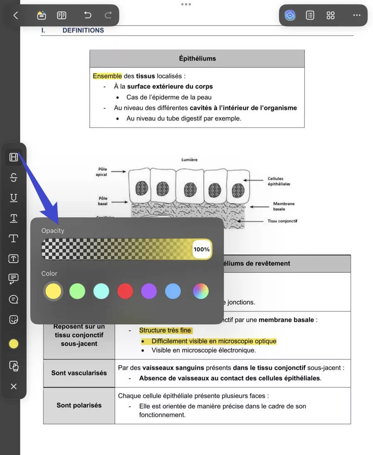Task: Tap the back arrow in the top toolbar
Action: click(16, 15)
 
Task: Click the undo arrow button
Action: click(87, 15)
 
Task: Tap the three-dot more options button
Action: click(356, 15)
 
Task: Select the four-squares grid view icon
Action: click(330, 15)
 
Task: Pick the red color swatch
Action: click(125, 291)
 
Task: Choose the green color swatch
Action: click(77, 291)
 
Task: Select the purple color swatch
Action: click(149, 291)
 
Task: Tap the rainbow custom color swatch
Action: click(201, 291)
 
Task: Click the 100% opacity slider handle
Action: click(202, 250)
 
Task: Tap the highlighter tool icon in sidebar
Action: click(14, 157)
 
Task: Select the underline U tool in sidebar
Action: click(14, 198)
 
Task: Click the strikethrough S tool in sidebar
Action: click(14, 178)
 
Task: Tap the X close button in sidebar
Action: click(14, 387)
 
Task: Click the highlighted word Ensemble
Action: click(107, 76)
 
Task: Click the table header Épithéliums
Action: click(197, 59)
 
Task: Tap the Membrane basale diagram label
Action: click(283, 206)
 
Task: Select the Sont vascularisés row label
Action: click(79, 373)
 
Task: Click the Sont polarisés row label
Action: click(79, 405)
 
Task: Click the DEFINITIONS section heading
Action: click(83, 30)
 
